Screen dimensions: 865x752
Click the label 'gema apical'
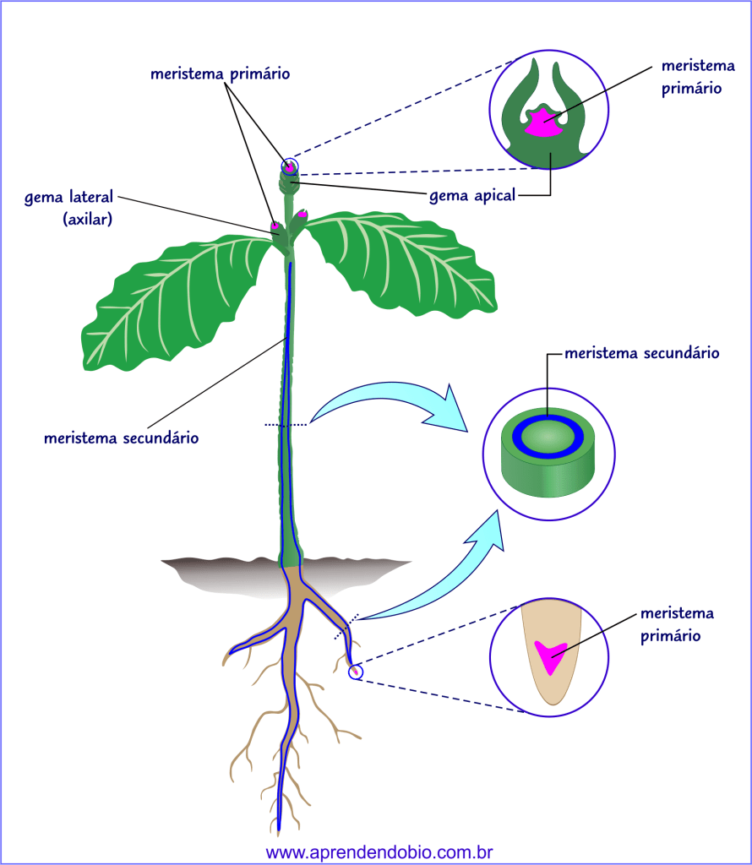[x=471, y=196]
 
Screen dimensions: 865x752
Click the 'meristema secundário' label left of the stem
[x=121, y=438]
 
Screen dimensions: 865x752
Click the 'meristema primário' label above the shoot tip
[x=220, y=73]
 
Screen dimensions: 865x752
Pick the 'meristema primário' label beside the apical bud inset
[x=691, y=77]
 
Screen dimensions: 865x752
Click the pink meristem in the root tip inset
[x=549, y=656]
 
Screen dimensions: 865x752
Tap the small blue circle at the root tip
[x=356, y=672]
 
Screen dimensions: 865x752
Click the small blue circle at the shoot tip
[x=291, y=166]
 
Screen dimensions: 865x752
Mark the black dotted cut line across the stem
[x=286, y=425]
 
